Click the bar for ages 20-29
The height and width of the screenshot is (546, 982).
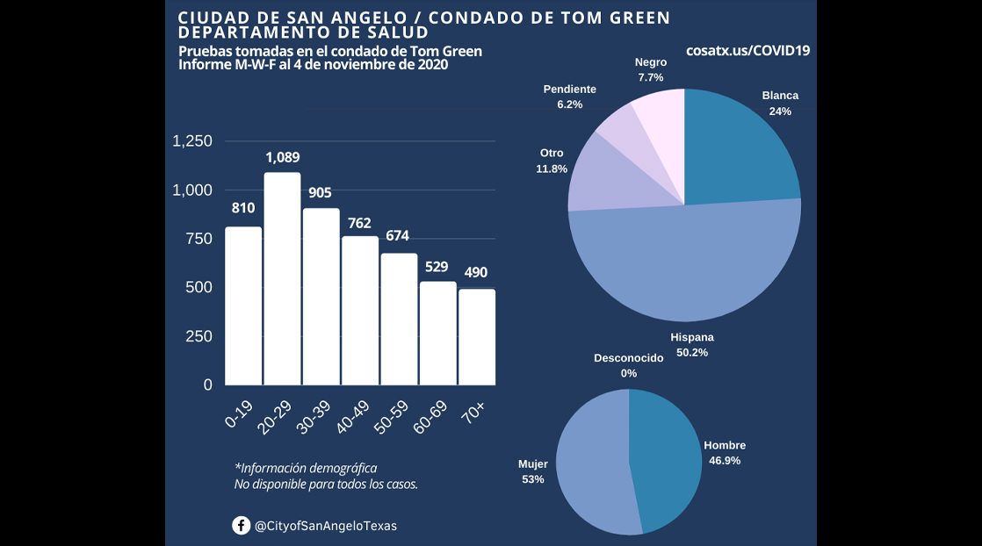click(282, 278)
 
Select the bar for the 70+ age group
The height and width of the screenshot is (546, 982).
click(476, 337)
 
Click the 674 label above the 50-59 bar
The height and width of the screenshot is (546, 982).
click(397, 236)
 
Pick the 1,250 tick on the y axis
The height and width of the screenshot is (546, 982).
click(192, 141)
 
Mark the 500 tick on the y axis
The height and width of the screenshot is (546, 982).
click(196, 287)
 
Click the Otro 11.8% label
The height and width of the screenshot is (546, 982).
click(552, 161)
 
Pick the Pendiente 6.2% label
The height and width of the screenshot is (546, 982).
click(569, 97)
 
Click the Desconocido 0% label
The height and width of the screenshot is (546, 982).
click(628, 365)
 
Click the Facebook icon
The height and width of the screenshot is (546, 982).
click(241, 525)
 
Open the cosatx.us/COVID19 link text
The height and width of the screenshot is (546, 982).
click(747, 51)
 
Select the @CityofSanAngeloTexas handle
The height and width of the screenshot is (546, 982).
click(325, 526)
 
